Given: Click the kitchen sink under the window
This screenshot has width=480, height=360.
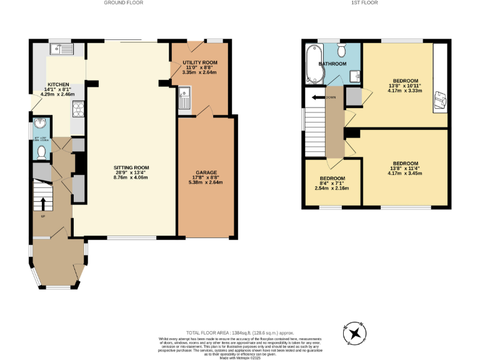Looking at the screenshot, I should (x=62, y=47).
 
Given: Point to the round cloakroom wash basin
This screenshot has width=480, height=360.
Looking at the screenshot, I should (x=40, y=124).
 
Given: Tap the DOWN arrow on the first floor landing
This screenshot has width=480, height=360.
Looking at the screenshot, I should (x=320, y=97).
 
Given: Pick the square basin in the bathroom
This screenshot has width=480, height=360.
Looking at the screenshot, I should (x=354, y=76).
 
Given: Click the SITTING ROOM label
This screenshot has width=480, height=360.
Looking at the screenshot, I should (x=131, y=167).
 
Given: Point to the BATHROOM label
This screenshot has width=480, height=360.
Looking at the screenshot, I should (x=332, y=64).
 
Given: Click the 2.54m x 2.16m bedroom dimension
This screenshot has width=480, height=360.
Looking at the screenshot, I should (x=331, y=188).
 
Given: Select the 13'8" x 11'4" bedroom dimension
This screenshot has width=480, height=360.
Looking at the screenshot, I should (x=405, y=168).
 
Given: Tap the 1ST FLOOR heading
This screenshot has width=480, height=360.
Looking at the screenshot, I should (x=366, y=3).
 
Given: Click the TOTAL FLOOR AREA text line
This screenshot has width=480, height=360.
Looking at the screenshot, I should (x=240, y=332).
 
